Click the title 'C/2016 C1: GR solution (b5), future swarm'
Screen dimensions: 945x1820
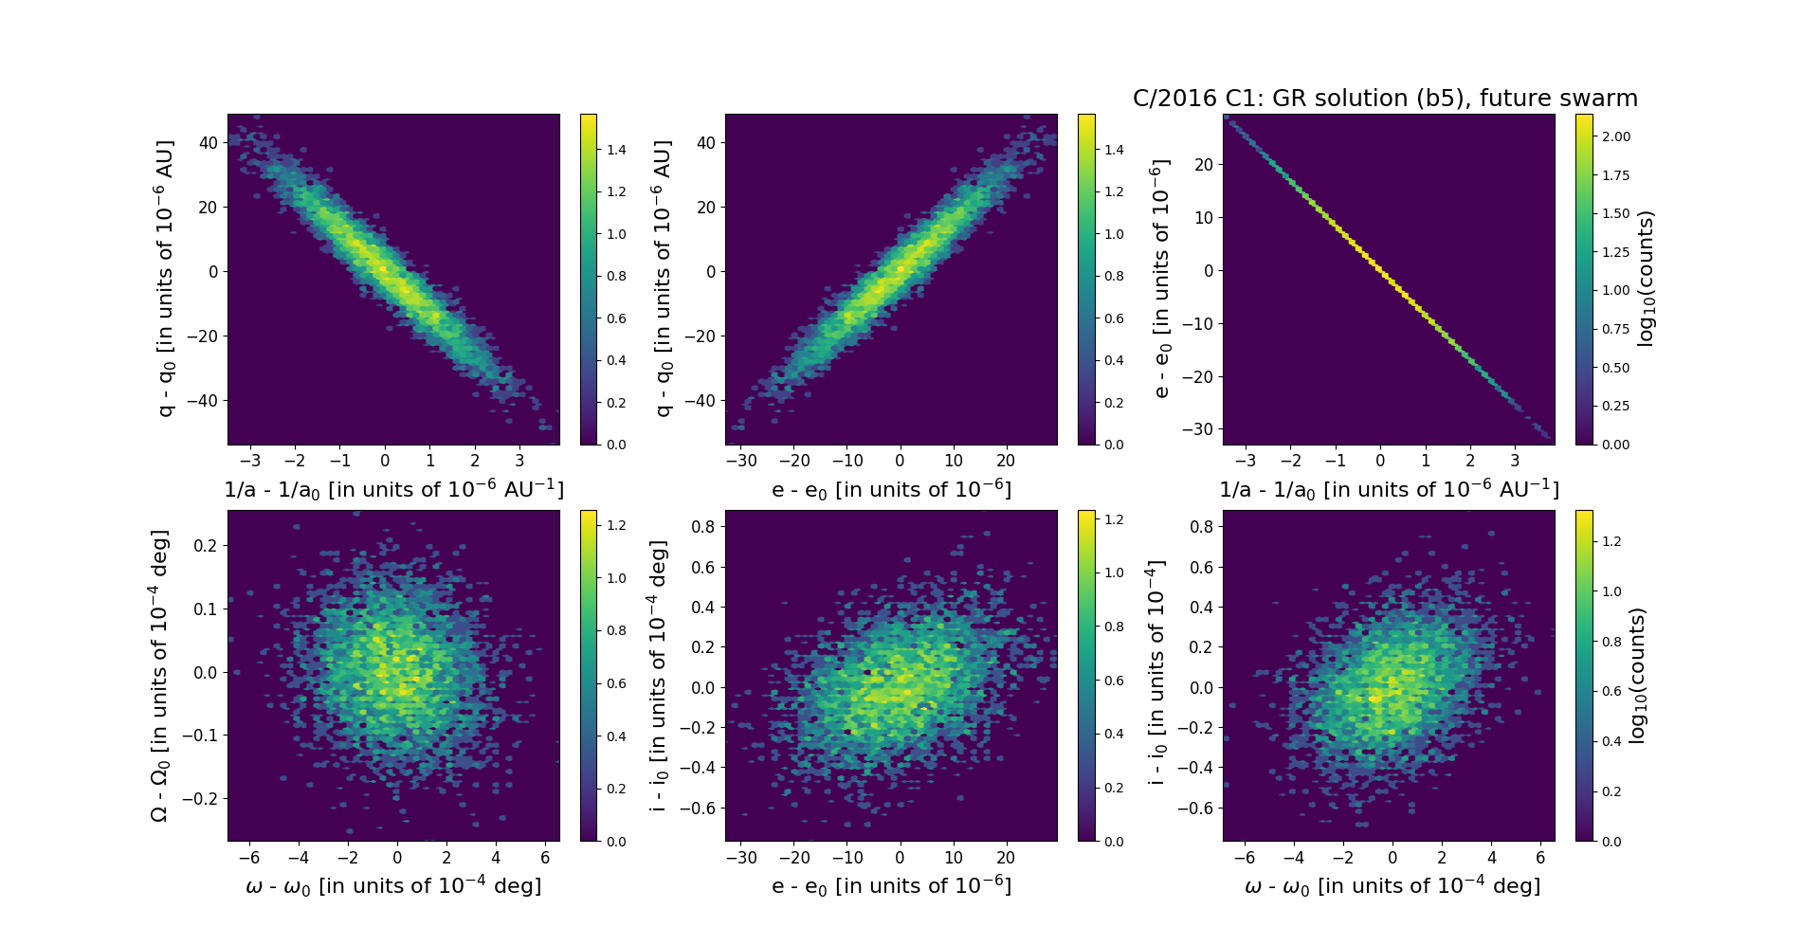[x=1385, y=99]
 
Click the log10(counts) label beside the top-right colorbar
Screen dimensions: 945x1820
[x=1645, y=279]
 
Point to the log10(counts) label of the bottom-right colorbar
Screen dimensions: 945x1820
[x=1637, y=676]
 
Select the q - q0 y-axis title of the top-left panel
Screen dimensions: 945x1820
[x=166, y=279]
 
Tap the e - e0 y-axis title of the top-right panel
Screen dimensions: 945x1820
[x=1161, y=279]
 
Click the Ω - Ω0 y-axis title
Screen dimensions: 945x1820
[x=159, y=675]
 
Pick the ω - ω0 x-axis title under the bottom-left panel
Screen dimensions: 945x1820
[x=393, y=886]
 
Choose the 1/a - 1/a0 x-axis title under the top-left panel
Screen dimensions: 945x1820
[x=393, y=490]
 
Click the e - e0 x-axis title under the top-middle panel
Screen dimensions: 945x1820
[x=891, y=490]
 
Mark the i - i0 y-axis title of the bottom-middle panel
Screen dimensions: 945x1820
[x=659, y=676]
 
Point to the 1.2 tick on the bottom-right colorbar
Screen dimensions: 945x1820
[x=1611, y=541]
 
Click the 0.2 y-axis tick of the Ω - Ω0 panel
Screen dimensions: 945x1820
[x=206, y=545]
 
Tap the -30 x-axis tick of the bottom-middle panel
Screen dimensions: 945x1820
[x=741, y=858]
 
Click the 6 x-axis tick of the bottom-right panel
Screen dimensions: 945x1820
[x=1540, y=858]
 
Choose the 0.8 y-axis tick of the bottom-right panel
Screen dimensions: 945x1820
[x=1201, y=527]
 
